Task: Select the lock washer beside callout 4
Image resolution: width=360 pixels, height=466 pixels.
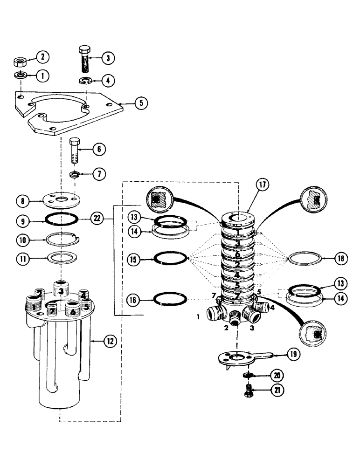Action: click(x=84, y=81)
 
